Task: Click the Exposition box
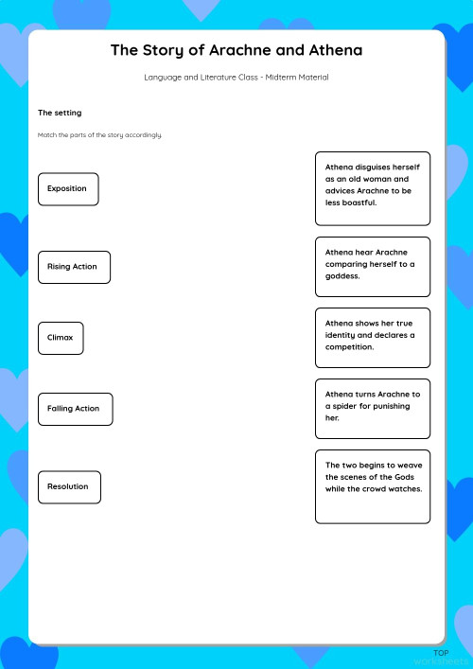(x=68, y=189)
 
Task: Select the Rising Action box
(x=74, y=267)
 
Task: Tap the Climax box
(x=61, y=338)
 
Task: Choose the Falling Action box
(x=75, y=409)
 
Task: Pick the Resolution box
(x=69, y=486)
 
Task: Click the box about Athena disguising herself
(x=372, y=188)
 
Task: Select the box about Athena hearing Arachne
(x=372, y=266)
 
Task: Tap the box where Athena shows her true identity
(x=372, y=337)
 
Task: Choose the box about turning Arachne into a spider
(x=372, y=408)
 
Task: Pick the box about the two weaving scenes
(x=372, y=486)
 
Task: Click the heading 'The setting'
(x=60, y=113)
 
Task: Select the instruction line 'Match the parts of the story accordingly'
(x=100, y=135)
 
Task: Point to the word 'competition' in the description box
(x=350, y=347)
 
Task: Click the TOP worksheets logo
(x=441, y=657)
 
